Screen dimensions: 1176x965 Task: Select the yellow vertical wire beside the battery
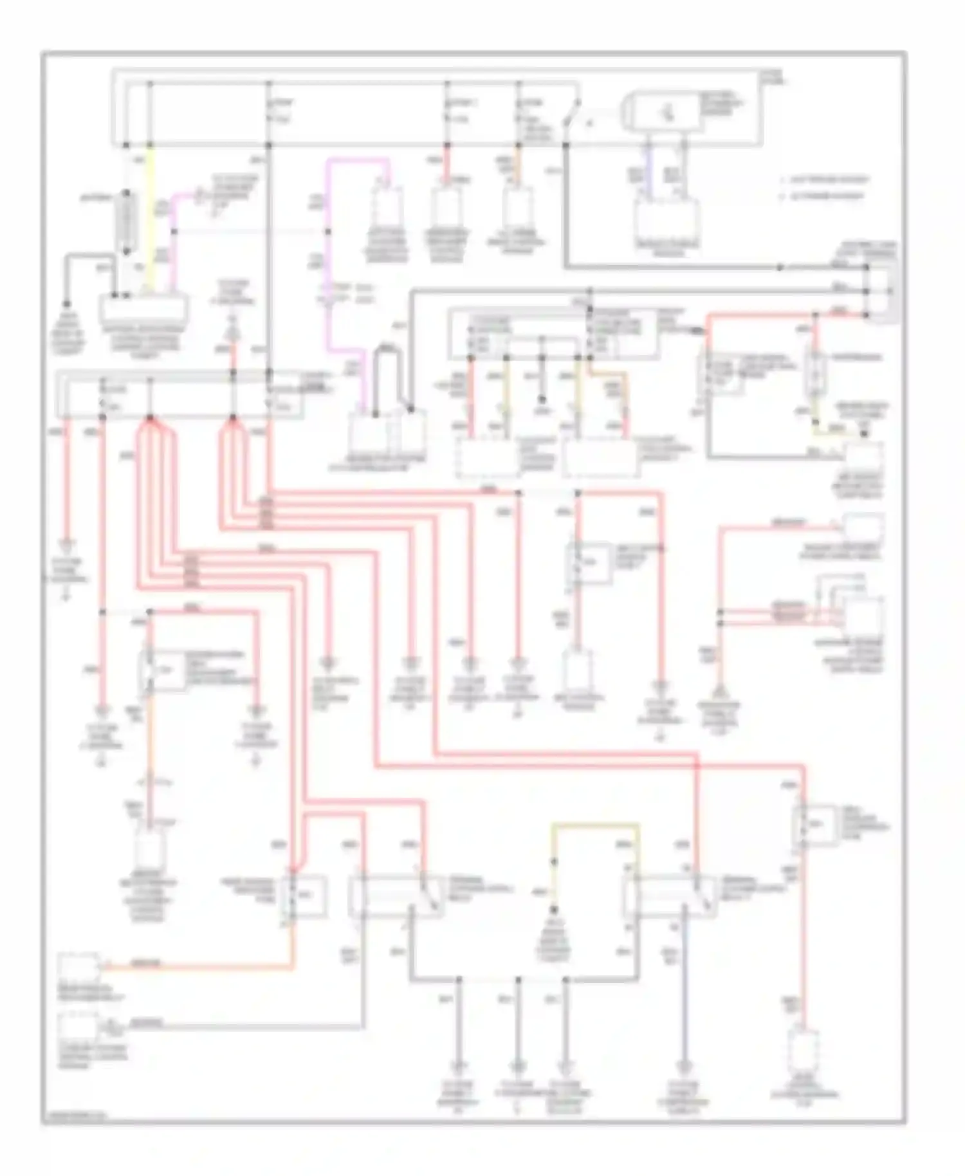(x=151, y=219)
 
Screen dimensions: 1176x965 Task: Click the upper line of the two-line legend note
(x=823, y=180)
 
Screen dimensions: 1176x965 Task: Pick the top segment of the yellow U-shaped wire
(x=595, y=825)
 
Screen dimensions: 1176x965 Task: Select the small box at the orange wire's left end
(x=78, y=967)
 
